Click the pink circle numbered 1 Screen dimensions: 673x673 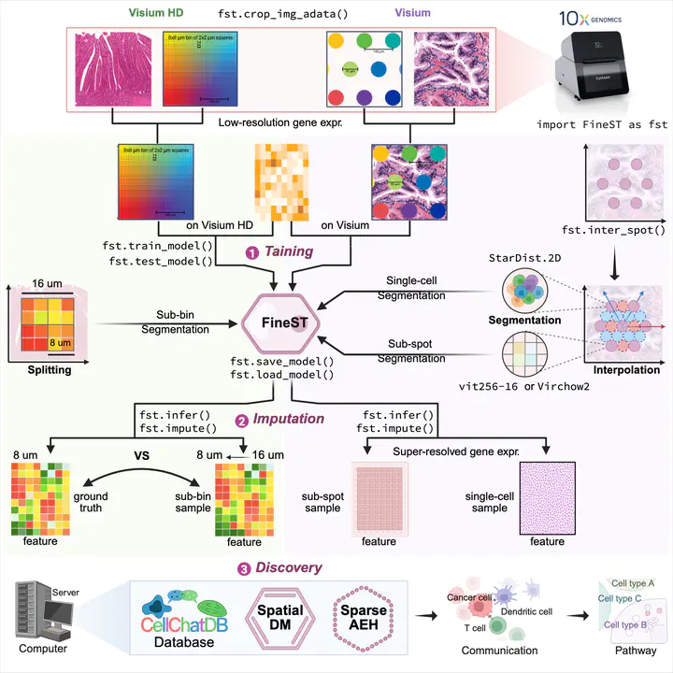click(x=250, y=251)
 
